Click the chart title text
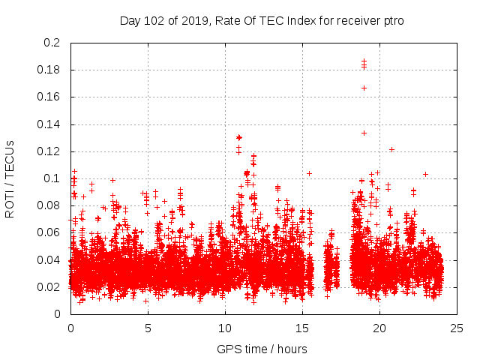(262, 20)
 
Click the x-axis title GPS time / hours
(262, 349)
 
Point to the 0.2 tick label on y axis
(52, 43)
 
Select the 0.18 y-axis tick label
(49, 70)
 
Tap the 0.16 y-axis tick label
(49, 97)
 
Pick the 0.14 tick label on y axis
(49, 124)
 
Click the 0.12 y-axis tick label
(49, 151)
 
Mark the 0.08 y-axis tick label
(49, 205)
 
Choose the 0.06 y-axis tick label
(49, 232)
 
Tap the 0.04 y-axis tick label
(49, 259)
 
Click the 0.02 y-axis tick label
(49, 286)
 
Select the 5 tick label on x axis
(148, 328)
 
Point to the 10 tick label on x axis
(225, 328)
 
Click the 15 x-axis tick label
(302, 328)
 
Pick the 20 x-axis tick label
(379, 328)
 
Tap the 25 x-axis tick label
(457, 328)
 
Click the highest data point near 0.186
(364, 61)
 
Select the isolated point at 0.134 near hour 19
(364, 133)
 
